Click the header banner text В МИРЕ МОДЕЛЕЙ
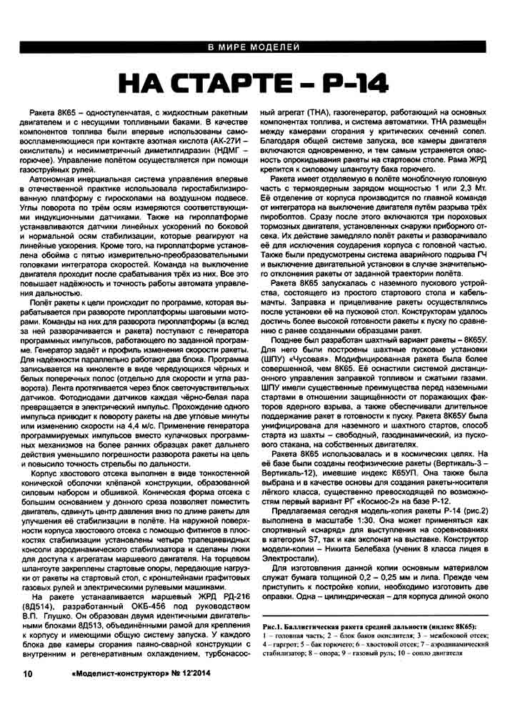[253, 49]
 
